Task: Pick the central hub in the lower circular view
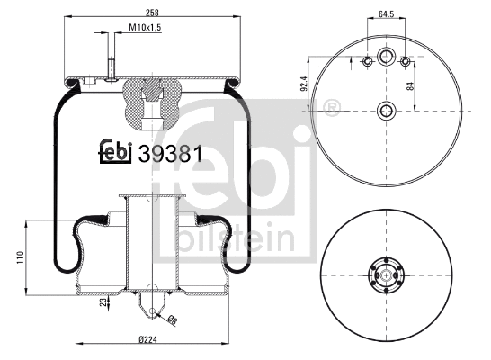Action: click(386, 275)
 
